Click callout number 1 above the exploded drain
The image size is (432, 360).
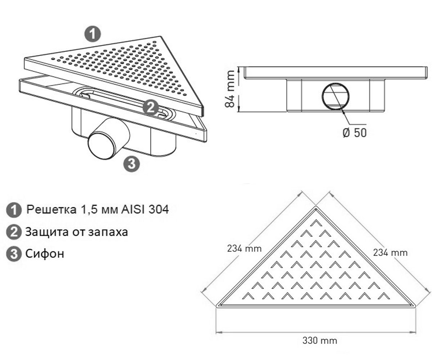pyautogui.click(x=93, y=34)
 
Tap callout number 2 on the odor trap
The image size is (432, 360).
pyautogui.click(x=151, y=107)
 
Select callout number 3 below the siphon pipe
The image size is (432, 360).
pyautogui.click(x=132, y=164)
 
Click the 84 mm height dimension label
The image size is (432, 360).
pyautogui.click(x=230, y=89)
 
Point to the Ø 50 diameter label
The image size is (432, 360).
pyautogui.click(x=355, y=132)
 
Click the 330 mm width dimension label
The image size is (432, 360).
pyautogui.click(x=320, y=341)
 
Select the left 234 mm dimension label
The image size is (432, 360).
pyautogui.click(x=244, y=248)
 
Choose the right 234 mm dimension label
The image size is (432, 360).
pyautogui.click(x=390, y=253)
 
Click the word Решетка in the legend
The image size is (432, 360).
pyautogui.click(x=51, y=210)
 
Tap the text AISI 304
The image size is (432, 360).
pyautogui.click(x=145, y=210)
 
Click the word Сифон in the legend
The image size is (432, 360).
pyautogui.click(x=45, y=253)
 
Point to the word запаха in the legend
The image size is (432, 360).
pyautogui.click(x=108, y=232)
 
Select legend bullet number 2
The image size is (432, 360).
pyautogui.click(x=14, y=232)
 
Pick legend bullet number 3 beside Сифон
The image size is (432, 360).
pyautogui.click(x=14, y=254)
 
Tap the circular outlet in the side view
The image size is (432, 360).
pyautogui.click(x=336, y=96)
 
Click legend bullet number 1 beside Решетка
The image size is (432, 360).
pyautogui.click(x=14, y=210)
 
